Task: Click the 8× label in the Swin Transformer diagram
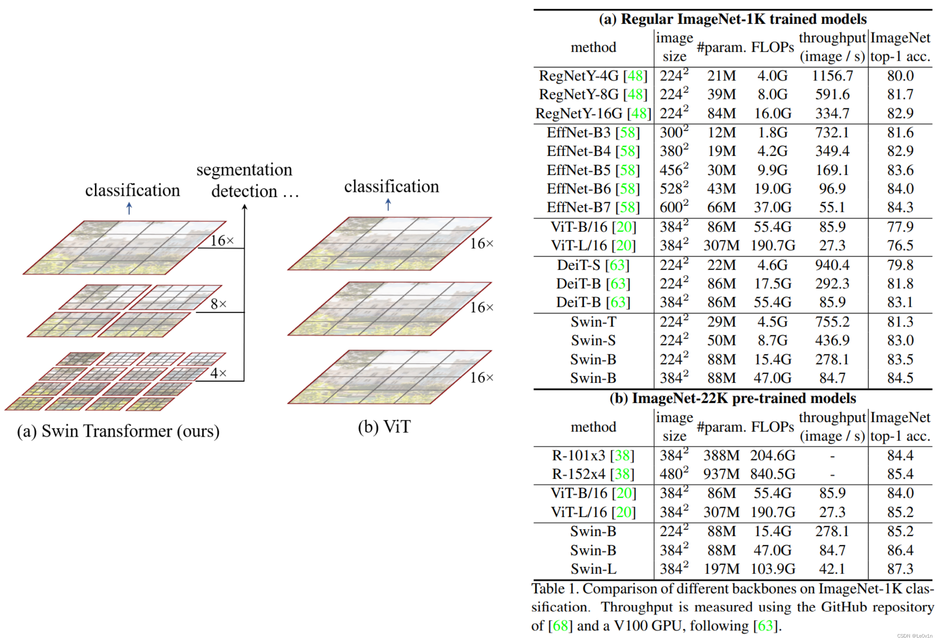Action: (218, 304)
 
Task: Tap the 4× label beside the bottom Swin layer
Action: (218, 373)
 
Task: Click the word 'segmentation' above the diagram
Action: (244, 170)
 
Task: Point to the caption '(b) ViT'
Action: (384, 427)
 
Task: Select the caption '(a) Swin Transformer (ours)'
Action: (118, 431)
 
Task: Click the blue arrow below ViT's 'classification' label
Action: (388, 204)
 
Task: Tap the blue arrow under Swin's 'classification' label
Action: (129, 208)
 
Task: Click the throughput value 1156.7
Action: (832, 76)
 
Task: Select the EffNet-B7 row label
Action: (593, 207)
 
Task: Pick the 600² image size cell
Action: (674, 207)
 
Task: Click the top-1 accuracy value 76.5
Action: (900, 246)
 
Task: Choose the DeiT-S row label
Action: (593, 265)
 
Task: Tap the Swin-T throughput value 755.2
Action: (832, 322)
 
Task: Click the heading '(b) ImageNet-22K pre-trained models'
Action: (732, 398)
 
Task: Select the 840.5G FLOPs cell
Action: (773, 474)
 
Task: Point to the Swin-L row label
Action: (593, 569)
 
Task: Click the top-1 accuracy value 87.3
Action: (900, 569)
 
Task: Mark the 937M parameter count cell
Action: (722, 474)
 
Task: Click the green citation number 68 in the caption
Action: (560, 626)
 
